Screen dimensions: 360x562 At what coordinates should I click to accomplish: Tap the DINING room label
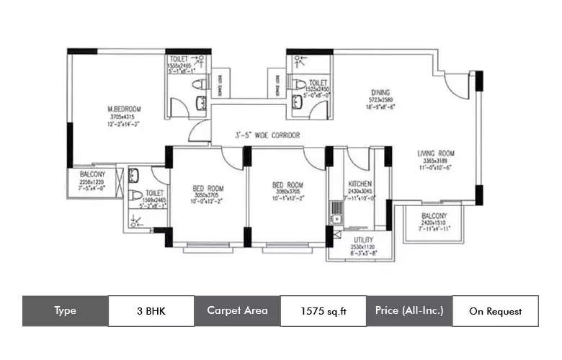380,93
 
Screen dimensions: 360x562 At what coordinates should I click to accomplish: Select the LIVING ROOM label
437,153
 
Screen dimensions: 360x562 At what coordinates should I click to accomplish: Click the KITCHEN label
359,184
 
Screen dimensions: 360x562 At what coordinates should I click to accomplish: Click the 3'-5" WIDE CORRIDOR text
257,135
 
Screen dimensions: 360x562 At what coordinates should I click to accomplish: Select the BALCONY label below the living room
434,216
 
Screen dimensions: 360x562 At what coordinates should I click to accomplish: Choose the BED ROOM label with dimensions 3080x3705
287,184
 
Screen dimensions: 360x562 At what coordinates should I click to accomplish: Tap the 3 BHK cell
151,311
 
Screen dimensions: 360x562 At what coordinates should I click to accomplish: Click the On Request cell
495,311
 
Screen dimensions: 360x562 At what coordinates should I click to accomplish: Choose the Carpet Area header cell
237,311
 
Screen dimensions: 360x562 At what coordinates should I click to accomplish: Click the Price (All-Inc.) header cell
409,311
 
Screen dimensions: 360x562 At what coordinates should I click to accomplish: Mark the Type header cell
65,311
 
